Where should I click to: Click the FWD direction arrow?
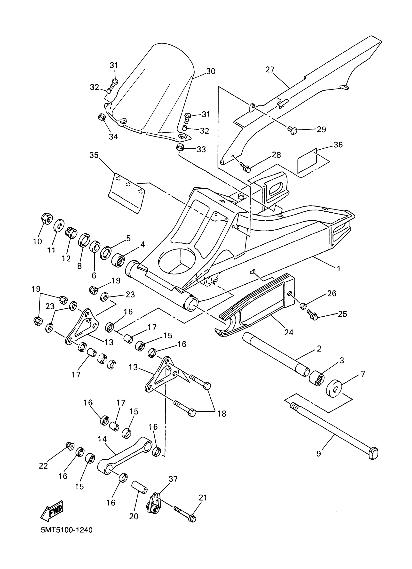[52, 510]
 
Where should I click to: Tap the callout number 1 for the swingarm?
[339, 269]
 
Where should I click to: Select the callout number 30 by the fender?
[211, 71]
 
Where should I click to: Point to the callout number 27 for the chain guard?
[270, 70]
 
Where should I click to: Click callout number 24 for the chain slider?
[289, 332]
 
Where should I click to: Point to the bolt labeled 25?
[312, 316]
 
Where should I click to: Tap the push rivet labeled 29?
[293, 130]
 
